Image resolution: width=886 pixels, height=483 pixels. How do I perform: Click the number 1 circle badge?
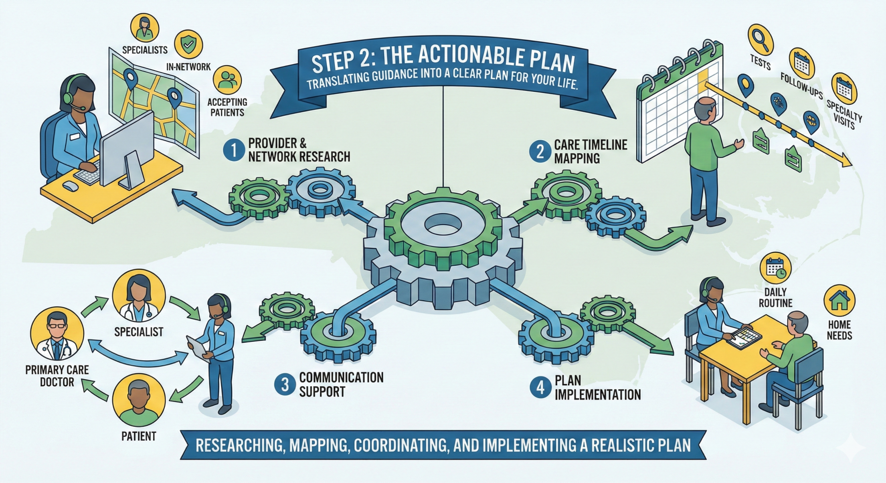234,150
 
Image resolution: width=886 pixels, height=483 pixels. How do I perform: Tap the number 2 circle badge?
540,152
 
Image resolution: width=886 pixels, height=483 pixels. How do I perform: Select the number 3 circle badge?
285,385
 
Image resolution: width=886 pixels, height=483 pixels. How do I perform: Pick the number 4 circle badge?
540,388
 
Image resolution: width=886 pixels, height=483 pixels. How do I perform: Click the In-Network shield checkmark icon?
188,45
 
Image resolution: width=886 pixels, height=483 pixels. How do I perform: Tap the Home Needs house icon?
839,300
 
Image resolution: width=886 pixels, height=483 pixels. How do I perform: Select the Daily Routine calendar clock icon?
775,268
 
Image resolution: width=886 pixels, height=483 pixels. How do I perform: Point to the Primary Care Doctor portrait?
57,334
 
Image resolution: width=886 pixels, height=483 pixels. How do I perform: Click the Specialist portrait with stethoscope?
139,297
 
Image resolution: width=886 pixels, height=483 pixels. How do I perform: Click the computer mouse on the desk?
70,185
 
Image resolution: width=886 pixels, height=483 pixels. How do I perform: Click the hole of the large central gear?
442,226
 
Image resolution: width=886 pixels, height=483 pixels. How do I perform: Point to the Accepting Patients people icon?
227,80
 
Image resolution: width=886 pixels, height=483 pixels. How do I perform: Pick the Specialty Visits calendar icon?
844,89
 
